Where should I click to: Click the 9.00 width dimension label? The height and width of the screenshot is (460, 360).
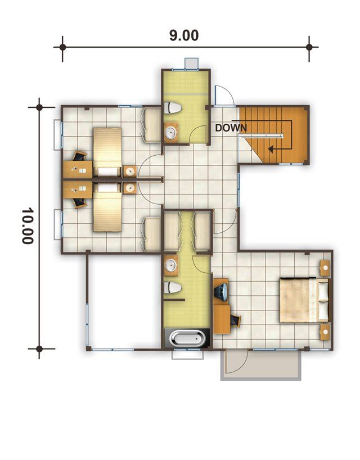pyautogui.click(x=184, y=35)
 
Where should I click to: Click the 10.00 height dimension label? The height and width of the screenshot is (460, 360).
pyautogui.click(x=28, y=226)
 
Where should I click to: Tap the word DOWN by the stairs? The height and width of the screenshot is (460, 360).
pyautogui.click(x=231, y=128)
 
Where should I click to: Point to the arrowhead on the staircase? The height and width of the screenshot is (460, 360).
pyautogui.click(x=271, y=150)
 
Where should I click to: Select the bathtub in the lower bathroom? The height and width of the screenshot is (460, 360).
pyautogui.click(x=187, y=339)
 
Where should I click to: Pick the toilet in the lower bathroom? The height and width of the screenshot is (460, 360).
pyautogui.click(x=172, y=287)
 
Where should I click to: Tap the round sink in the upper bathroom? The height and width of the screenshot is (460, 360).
pyautogui.click(x=171, y=133)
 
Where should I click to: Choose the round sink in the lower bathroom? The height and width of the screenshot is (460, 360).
pyautogui.click(x=171, y=265)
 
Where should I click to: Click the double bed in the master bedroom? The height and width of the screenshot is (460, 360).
pyautogui.click(x=304, y=300)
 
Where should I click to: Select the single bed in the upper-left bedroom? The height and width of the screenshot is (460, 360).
pyautogui.click(x=107, y=152)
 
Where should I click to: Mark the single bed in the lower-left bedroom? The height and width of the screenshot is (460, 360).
pyautogui.click(x=107, y=208)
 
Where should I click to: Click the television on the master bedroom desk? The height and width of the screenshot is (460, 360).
pyautogui.click(x=221, y=292)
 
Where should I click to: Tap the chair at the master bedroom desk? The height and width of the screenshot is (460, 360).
pyautogui.click(x=235, y=321)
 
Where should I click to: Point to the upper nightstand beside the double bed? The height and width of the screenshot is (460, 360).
pyautogui.click(x=325, y=268)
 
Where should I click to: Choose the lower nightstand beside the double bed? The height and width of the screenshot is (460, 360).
pyautogui.click(x=325, y=332)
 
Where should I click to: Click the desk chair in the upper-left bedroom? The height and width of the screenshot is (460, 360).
pyautogui.click(x=80, y=156)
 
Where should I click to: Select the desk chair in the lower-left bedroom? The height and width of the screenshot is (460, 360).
pyautogui.click(x=80, y=203)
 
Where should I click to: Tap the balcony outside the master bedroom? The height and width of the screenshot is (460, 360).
pyautogui.click(x=260, y=365)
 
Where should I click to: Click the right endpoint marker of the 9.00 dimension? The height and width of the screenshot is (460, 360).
pyautogui.click(x=309, y=47)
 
